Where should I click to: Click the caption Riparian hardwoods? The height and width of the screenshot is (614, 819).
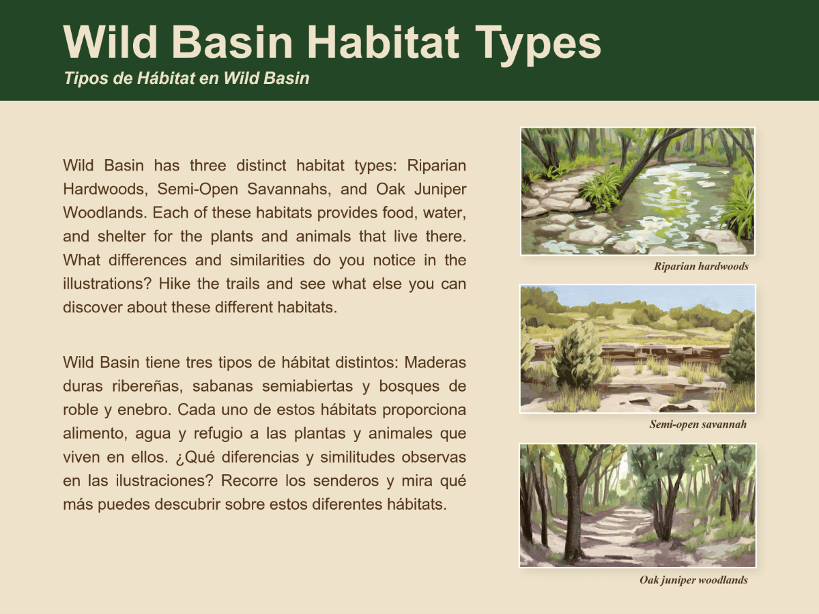pos(701,266)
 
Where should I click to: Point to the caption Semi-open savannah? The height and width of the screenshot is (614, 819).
pos(698,424)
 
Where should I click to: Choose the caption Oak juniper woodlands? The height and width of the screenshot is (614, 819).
pos(693,581)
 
